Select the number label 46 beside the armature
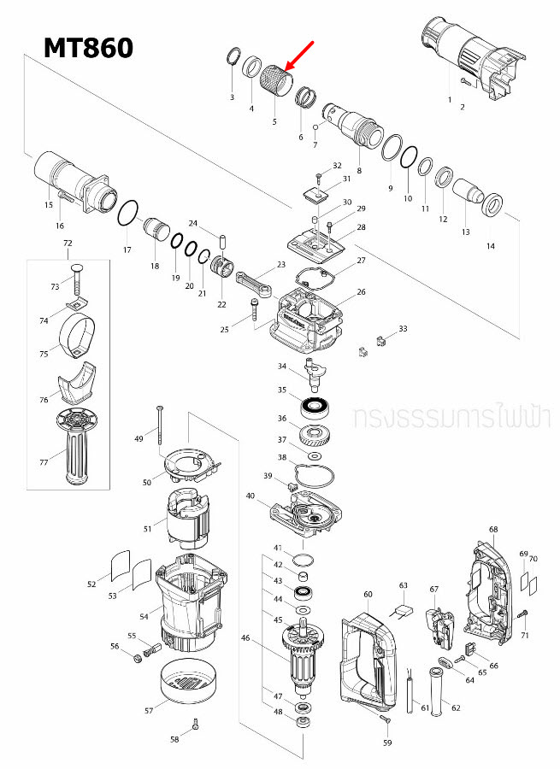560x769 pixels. tap(246, 637)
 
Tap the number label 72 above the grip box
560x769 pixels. tap(68, 244)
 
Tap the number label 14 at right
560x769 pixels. tap(490, 246)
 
